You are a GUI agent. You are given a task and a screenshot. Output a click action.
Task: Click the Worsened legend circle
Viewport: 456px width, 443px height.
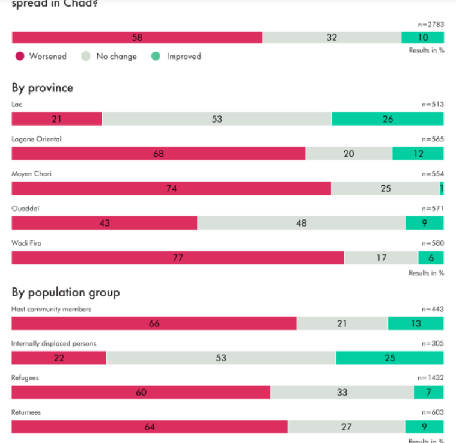[20, 57]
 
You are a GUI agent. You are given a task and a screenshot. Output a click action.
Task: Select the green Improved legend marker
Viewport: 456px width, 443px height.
[156, 57]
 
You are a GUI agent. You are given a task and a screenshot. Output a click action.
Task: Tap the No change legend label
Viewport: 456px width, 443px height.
[116, 57]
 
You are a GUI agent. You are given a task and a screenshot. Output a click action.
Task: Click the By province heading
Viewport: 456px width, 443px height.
[43, 88]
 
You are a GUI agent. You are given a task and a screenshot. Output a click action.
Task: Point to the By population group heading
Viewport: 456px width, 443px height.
[66, 293]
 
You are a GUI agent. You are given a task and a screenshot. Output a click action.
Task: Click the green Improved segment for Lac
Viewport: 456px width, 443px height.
[388, 119]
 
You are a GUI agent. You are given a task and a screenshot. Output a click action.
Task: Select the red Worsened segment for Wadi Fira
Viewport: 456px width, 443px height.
[178, 258]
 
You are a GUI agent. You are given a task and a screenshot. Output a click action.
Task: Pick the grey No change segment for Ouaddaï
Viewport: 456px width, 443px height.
[301, 223]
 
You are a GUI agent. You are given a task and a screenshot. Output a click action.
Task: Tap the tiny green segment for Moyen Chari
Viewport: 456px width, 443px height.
[442, 188]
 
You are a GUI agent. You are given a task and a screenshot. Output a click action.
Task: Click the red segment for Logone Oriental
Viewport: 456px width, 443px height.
[159, 154]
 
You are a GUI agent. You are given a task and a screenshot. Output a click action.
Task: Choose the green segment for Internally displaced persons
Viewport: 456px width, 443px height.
[389, 358]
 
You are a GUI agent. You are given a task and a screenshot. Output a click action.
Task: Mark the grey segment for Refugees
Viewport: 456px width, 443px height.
[342, 393]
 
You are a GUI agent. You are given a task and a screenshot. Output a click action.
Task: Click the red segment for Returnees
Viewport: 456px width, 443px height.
[150, 427]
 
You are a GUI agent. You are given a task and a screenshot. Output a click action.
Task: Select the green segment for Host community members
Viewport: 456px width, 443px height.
[415, 324]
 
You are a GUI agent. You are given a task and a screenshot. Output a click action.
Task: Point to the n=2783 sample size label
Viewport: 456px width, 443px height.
[430, 25]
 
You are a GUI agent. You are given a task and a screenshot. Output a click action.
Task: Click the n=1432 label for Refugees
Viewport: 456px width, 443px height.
[430, 378]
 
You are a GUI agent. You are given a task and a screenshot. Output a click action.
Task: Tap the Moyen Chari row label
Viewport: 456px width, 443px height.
[32, 174]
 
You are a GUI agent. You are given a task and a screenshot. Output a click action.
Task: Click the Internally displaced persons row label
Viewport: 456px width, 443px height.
[54, 344]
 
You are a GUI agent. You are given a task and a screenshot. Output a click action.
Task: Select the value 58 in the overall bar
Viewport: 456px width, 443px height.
[137, 37]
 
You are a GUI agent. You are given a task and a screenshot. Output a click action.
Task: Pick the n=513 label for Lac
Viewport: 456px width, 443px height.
[433, 105]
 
